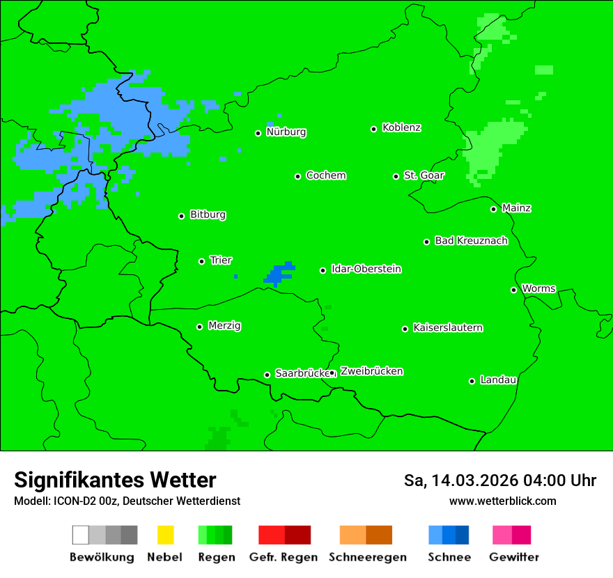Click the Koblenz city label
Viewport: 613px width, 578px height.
point(401,127)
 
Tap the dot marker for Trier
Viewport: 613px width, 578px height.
point(201,261)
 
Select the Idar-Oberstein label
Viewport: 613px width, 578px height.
point(366,269)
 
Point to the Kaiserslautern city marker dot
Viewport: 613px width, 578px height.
point(405,329)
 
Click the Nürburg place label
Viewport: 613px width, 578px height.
point(286,132)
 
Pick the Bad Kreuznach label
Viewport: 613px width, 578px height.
point(471,240)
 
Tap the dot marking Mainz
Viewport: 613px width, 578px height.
point(493,209)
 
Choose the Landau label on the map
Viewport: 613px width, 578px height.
point(498,380)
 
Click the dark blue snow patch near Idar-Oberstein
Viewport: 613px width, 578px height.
point(279,274)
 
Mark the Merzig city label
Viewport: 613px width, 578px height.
point(224,325)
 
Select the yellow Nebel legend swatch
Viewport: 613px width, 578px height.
point(165,535)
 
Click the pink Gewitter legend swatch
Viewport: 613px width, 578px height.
point(502,535)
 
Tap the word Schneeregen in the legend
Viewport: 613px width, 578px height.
point(367,557)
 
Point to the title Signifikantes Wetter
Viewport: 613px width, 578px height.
point(115,480)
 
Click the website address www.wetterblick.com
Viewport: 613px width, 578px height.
point(502,501)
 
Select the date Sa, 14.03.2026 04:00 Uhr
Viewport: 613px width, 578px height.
point(499,481)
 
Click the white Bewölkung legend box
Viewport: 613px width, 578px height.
point(81,535)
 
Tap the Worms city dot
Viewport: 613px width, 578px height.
point(513,290)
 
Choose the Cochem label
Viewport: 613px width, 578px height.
point(326,175)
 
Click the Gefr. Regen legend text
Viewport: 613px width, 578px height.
point(283,557)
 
